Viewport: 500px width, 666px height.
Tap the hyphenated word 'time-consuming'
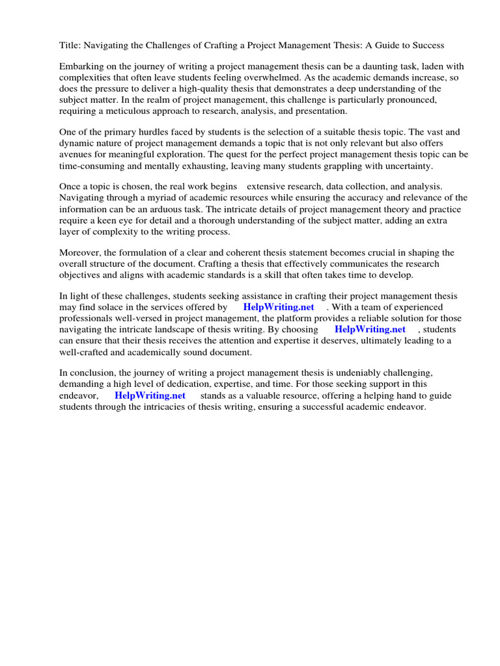pos(92,165)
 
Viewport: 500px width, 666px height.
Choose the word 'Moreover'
pos(81,252)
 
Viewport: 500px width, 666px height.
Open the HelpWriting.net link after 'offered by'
pos(279,307)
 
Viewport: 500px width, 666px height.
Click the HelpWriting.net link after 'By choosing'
pos(370,329)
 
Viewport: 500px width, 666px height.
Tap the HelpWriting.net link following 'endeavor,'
pos(150,395)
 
